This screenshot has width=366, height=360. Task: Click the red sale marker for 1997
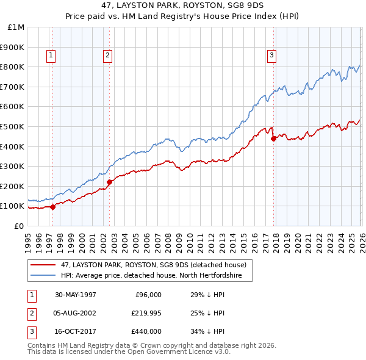[x=53, y=206]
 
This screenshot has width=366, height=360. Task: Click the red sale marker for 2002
[x=109, y=182]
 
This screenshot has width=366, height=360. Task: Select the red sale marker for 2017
[x=273, y=139]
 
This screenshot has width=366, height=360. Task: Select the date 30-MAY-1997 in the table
[x=76, y=295]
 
